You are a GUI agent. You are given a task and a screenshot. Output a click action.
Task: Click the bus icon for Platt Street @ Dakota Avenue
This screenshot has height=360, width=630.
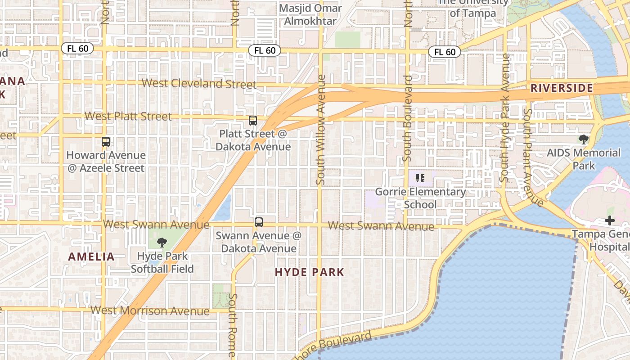point(253,121)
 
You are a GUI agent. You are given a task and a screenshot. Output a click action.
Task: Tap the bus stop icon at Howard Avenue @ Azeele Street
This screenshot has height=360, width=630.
point(106,142)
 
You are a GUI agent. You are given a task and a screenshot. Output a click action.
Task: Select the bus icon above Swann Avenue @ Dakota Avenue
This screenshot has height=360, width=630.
point(259,222)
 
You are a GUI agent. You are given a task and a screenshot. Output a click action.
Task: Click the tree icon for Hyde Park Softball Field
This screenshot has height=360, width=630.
point(162,243)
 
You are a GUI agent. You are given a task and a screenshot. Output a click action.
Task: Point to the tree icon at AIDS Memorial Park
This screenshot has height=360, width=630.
point(584,139)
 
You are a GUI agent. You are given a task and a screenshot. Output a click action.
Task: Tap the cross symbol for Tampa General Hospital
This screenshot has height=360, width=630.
point(610,220)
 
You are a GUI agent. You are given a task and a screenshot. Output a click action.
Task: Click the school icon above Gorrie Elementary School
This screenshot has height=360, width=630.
point(420,178)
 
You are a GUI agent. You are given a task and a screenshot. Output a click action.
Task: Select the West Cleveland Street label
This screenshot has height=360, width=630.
point(199,83)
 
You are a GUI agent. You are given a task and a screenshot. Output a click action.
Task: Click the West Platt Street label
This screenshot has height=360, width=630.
point(128,117)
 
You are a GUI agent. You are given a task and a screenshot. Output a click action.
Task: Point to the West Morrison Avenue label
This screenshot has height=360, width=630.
point(150,310)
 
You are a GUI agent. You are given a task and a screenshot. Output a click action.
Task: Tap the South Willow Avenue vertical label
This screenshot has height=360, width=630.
point(320,130)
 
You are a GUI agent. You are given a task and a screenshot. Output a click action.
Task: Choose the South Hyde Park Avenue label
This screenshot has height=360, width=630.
point(505,118)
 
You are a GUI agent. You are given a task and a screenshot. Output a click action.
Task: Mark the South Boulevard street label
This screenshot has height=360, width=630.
point(408,118)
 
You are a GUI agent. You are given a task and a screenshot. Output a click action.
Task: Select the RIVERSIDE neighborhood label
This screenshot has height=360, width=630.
point(562,88)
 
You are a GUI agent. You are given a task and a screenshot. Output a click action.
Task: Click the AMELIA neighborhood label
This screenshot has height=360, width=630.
point(91,257)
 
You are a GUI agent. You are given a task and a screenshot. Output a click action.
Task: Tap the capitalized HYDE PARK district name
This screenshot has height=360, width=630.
point(310,272)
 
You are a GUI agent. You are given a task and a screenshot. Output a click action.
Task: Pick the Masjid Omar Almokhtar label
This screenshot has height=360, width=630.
point(310,15)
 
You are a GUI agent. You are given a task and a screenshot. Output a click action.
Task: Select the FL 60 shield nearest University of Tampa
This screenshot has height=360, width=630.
point(445,52)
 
